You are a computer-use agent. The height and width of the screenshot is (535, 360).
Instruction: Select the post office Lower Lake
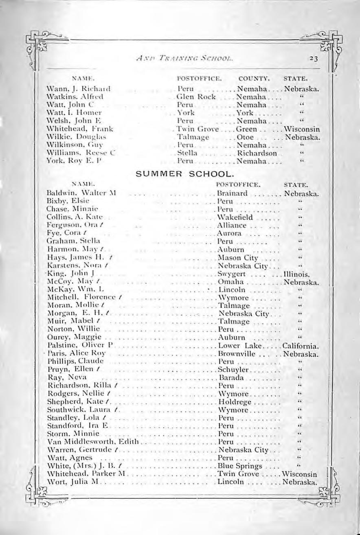[x=236, y=346]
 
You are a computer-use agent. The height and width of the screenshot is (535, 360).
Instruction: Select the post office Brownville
[x=237, y=354]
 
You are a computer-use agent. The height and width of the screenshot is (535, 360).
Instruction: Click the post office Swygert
[x=231, y=274]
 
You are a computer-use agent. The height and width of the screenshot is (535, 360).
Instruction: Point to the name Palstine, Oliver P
[x=82, y=346]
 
